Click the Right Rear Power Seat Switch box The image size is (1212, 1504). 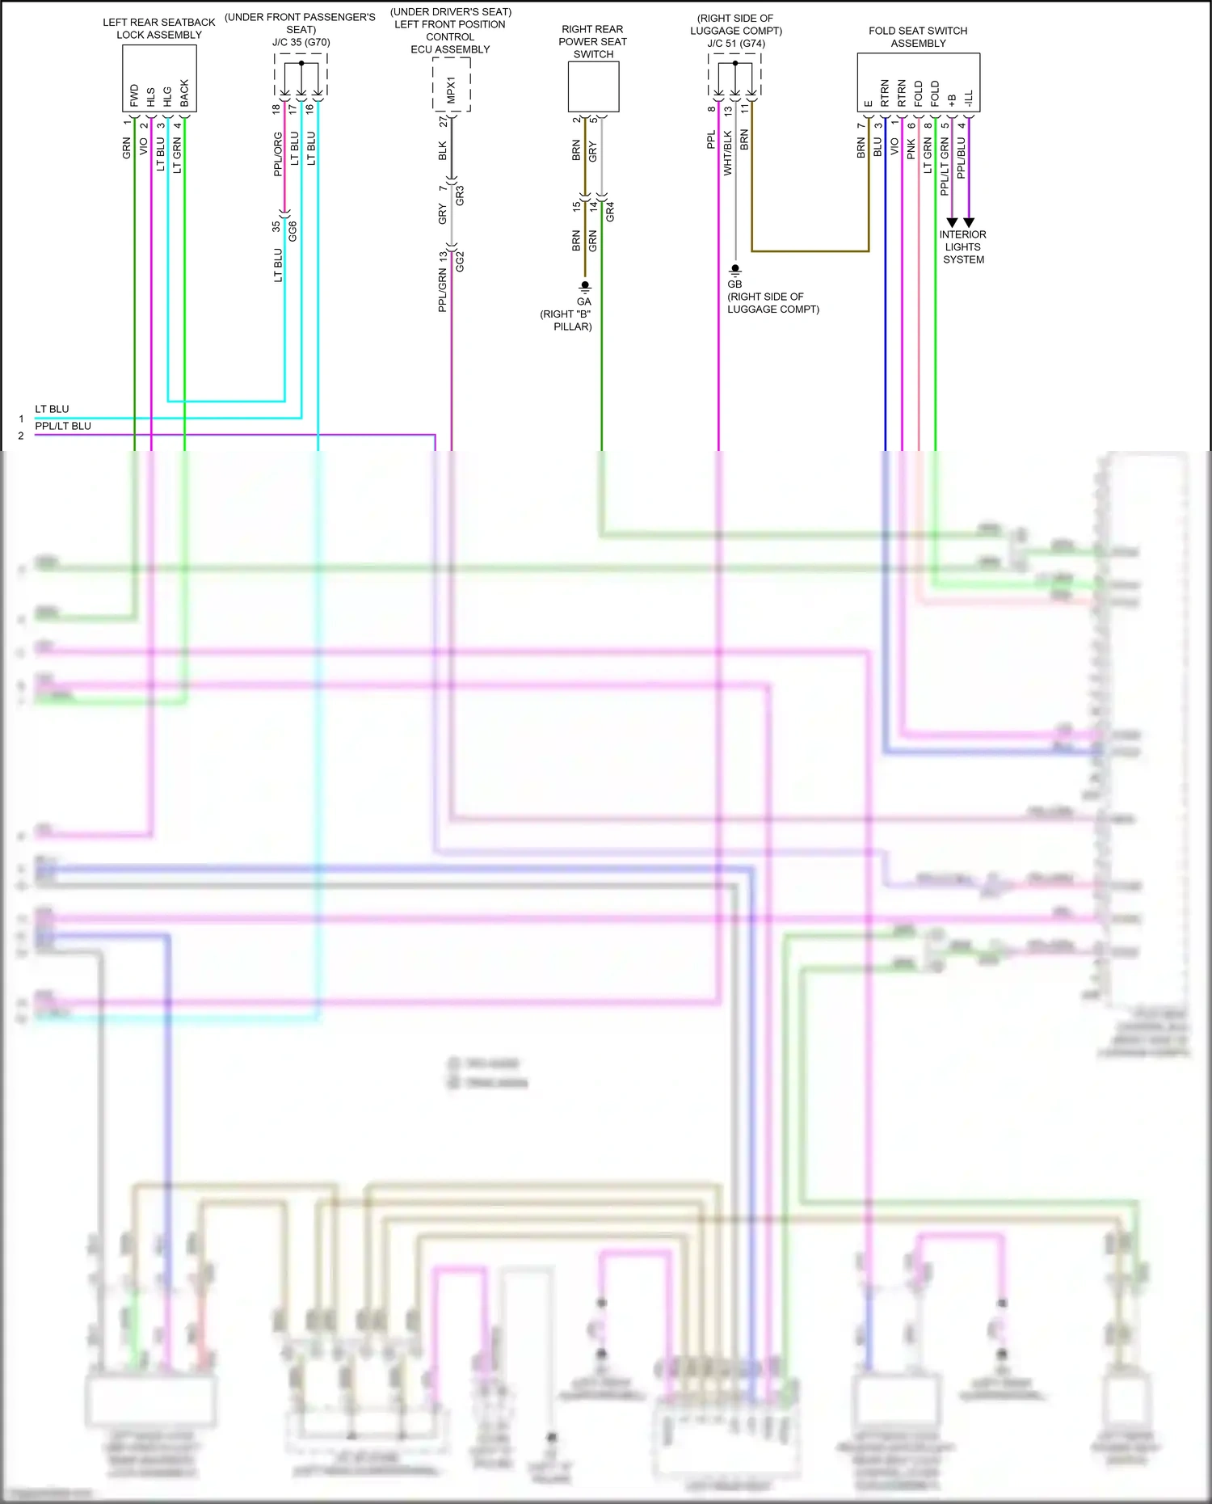coord(593,86)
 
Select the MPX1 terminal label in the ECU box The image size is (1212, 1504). coord(451,90)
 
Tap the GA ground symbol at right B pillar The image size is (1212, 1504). coord(585,287)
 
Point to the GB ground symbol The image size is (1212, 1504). coord(734,269)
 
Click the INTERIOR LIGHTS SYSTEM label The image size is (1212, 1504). coord(962,246)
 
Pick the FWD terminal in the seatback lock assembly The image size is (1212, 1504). coord(134,95)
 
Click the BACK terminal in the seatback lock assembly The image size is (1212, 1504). coord(184,93)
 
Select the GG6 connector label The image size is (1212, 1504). coord(292,230)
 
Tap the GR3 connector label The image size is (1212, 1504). coord(460,195)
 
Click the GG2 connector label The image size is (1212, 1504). coord(460,261)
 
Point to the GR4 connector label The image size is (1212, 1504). coord(610,212)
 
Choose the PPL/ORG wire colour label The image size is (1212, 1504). coord(278,154)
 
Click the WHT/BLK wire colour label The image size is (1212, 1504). coord(727,153)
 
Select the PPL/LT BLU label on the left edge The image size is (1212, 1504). coord(63,426)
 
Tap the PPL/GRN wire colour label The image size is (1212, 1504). coord(442,291)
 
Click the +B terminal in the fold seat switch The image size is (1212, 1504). coord(952,99)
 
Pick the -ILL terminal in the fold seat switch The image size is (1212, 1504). coord(969,99)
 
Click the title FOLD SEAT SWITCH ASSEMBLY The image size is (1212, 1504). coord(918,37)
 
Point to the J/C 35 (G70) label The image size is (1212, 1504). coord(301,42)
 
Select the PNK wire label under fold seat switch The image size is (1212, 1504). coord(911,148)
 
